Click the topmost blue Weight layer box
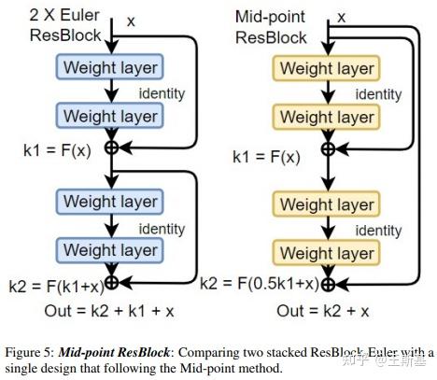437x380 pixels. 110,67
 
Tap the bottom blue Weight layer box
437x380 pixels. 110,249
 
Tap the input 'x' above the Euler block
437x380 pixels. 130,20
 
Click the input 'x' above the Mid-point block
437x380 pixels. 341,16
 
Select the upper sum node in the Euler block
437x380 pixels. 111,147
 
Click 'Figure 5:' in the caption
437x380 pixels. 30,352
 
